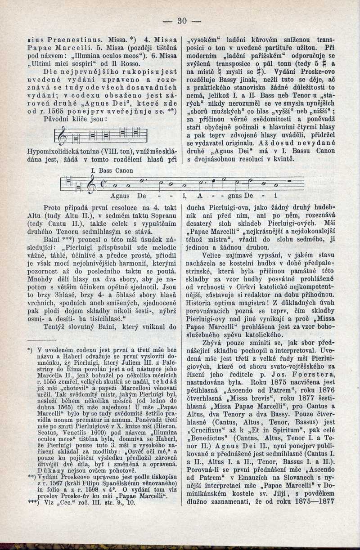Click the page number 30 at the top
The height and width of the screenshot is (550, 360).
tap(182, 21)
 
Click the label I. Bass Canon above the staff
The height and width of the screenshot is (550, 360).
tap(110, 171)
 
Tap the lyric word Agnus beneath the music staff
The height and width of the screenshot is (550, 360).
tap(120, 197)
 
